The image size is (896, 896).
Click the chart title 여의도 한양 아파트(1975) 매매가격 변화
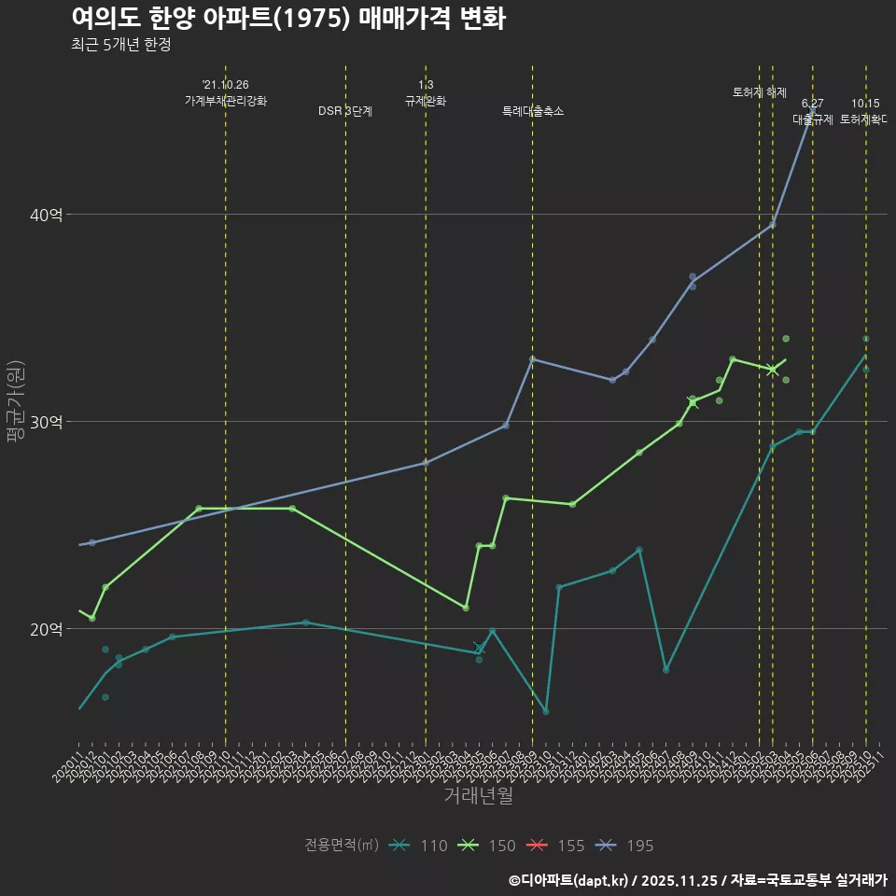(288, 19)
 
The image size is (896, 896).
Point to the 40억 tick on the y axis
(48, 215)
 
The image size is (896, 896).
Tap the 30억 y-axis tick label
(48, 422)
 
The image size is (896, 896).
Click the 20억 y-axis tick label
(48, 629)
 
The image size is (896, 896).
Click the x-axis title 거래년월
(478, 796)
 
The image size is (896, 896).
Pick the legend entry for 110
(418, 846)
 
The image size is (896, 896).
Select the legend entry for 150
(486, 846)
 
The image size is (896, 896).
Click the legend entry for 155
(555, 846)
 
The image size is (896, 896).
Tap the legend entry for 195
(624, 846)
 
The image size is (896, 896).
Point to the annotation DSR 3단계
(345, 111)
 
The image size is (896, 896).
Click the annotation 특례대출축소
(533, 111)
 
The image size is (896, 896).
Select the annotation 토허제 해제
(760, 92)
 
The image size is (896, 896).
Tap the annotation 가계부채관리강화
(226, 101)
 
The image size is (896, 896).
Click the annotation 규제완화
(426, 101)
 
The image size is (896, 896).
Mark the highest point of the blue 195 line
(812, 111)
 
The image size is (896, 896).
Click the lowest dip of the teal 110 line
(546, 711)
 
